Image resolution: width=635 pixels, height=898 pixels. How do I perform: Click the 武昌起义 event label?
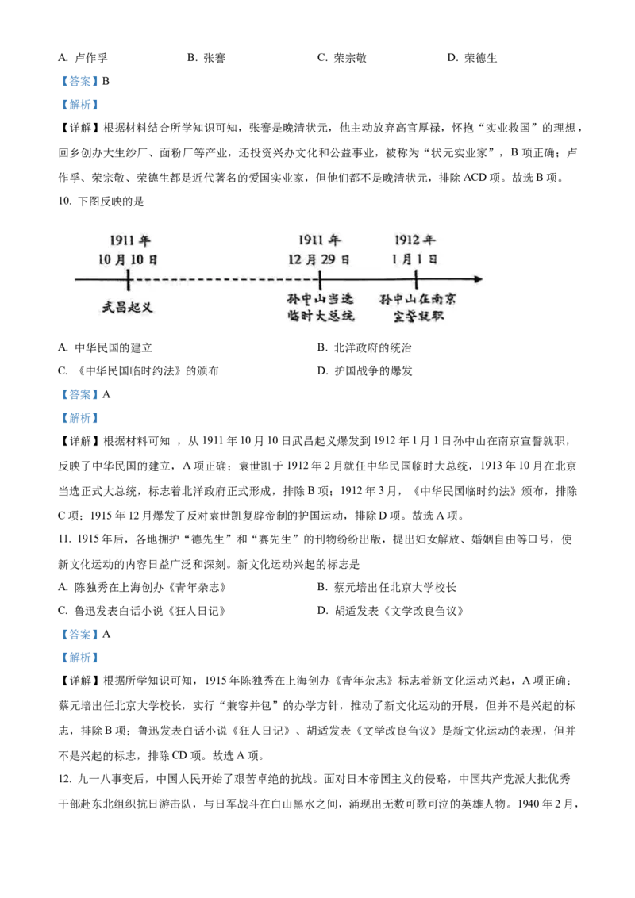click(128, 307)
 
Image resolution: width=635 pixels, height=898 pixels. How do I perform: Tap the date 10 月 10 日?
click(129, 259)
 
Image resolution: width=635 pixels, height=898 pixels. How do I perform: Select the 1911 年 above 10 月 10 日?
click(129, 241)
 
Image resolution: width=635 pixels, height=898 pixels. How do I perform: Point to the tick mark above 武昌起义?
click(129, 279)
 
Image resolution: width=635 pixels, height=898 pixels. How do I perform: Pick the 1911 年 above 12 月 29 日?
click(320, 240)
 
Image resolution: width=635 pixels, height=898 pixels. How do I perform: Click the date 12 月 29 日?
click(319, 259)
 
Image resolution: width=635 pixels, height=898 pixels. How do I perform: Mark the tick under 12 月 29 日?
click(320, 279)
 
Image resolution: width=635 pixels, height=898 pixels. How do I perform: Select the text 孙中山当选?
click(320, 300)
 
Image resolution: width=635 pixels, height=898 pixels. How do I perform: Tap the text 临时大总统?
click(320, 317)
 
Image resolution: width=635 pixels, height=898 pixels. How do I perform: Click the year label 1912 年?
click(415, 240)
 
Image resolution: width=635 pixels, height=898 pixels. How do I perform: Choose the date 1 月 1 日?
click(415, 259)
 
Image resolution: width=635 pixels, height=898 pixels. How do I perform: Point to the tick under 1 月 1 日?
click(416, 279)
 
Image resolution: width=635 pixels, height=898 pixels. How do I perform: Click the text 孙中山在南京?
click(417, 300)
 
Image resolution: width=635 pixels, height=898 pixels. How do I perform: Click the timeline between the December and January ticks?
click(368, 279)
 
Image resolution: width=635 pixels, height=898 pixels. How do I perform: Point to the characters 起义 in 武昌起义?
click(140, 307)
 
